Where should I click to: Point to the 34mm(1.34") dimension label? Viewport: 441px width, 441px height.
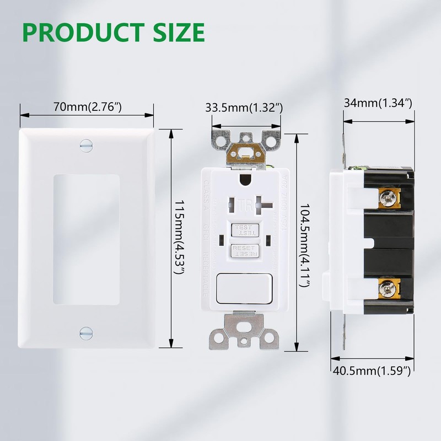(378, 103)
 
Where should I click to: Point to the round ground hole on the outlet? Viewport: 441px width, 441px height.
(245, 179)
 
